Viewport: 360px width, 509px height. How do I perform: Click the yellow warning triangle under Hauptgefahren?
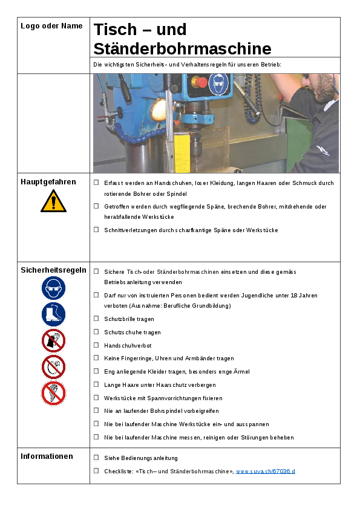54,201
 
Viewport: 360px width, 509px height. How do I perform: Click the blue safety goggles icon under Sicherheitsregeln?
54,288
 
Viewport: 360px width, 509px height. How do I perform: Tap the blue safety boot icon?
54,314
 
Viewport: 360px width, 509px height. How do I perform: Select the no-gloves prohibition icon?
54,340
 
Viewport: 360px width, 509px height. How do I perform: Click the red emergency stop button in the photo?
201,82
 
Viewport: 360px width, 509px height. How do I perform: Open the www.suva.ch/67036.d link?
266,472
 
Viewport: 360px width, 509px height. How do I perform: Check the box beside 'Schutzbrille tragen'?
96,319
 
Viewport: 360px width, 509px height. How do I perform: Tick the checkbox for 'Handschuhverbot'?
96,345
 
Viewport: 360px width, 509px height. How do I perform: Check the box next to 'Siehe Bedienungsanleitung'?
96,458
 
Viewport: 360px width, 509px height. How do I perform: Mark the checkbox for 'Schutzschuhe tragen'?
96,332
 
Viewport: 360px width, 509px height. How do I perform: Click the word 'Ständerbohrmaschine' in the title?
182,49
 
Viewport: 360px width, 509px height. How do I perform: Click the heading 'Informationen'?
47,456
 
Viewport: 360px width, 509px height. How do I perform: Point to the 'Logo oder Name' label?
51,26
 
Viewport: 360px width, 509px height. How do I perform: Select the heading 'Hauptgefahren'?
48,182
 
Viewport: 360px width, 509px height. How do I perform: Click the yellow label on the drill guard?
182,154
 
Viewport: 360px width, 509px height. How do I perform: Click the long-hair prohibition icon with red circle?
54,394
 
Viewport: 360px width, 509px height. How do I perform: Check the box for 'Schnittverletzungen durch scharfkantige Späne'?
96,230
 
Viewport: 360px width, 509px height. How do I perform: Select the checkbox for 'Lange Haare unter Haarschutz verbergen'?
96,384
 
